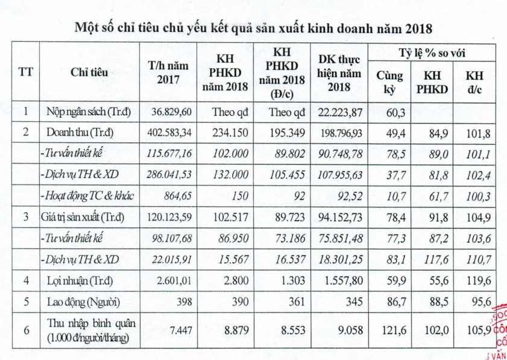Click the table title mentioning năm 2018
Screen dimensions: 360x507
coord(253,28)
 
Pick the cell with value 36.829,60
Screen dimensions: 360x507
coord(173,112)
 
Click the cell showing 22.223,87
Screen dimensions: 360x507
coord(339,112)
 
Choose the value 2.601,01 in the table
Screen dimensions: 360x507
coord(174,280)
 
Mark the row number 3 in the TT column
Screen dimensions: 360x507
coord(26,217)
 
